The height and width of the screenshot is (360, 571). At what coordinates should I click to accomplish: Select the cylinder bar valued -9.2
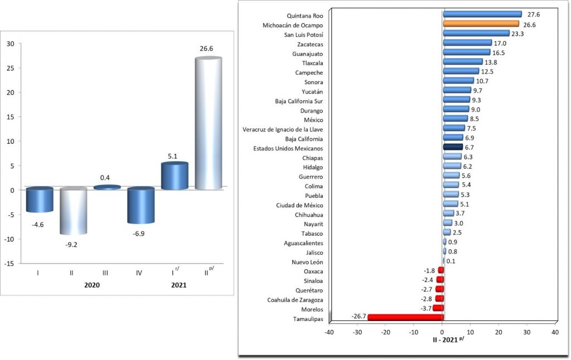coord(74,212)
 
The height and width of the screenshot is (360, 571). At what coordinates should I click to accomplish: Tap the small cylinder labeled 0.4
coord(107,187)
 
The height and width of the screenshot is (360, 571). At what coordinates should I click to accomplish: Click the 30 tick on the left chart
coord(10,44)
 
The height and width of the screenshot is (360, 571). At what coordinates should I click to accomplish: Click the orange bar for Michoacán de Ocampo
coord(481,24)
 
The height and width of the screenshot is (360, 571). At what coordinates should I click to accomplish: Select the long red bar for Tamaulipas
coord(405,318)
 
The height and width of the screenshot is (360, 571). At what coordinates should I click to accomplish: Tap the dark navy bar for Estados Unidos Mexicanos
coord(452,147)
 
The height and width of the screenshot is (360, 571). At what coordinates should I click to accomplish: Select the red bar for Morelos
coord(438,308)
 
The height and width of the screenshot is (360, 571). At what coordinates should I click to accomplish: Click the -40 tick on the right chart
coord(329,332)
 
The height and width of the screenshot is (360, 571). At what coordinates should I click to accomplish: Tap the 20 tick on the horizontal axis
coord(499,332)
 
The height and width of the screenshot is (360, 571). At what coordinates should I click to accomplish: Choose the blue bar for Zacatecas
coord(467,43)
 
